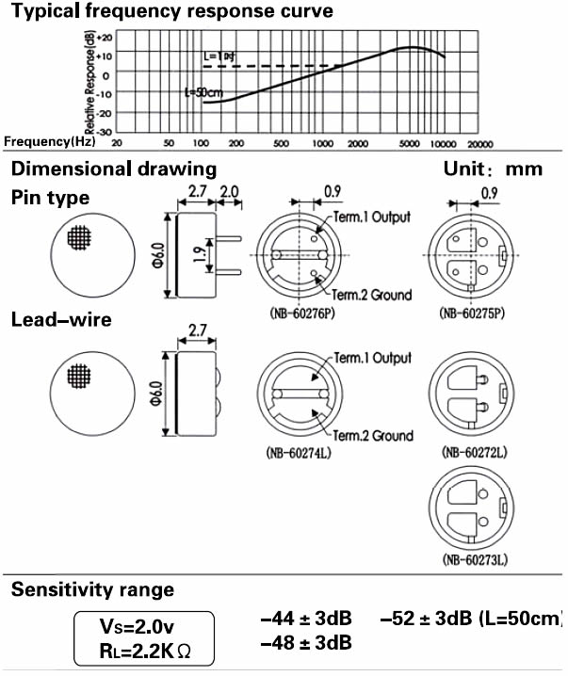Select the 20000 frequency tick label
click(x=480, y=143)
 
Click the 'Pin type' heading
click(x=51, y=199)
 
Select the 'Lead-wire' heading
click(x=61, y=320)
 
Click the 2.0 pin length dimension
click(x=229, y=192)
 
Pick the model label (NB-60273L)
click(x=475, y=560)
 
